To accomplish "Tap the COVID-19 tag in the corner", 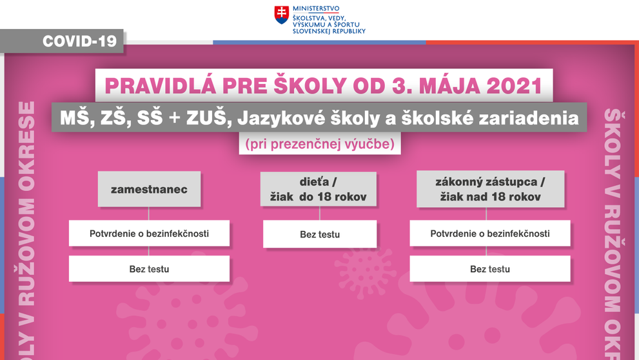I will [x=79, y=41].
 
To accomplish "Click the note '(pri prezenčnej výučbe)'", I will [x=320, y=144].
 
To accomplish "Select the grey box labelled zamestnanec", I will [x=149, y=189].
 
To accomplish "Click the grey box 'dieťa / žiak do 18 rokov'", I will [x=319, y=189].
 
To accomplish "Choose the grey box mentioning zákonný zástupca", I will [x=490, y=189].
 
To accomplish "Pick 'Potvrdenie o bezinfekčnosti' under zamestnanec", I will [x=149, y=234].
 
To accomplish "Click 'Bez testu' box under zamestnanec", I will [x=149, y=269].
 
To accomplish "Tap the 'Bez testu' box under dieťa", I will [x=319, y=234].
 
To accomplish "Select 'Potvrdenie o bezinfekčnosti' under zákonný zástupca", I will [x=490, y=234].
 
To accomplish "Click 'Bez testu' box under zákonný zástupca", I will [x=490, y=269].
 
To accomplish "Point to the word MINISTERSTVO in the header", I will [x=315, y=8].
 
